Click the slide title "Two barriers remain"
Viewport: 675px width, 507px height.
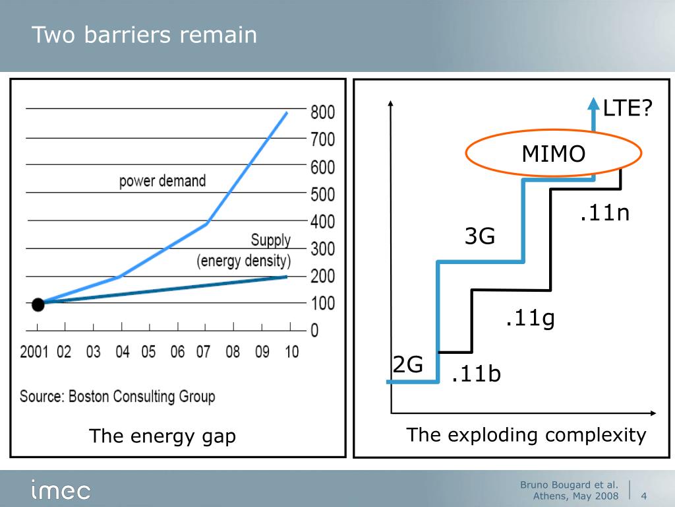tap(144, 35)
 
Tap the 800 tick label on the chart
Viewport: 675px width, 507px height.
tap(323, 112)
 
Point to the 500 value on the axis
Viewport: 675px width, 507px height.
tap(323, 195)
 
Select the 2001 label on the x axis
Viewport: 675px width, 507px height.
tap(34, 351)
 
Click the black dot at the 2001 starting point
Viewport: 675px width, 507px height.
tap(38, 304)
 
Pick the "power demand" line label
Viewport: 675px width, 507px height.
tap(162, 181)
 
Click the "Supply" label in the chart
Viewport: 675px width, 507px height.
tap(270, 240)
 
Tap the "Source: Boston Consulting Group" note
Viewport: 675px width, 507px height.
tap(117, 397)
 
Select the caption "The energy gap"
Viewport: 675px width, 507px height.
tap(162, 436)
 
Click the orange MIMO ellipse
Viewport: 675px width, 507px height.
tap(553, 154)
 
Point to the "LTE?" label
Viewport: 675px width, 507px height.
tap(627, 108)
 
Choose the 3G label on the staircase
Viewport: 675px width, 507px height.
tap(480, 236)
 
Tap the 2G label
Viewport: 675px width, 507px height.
tap(408, 364)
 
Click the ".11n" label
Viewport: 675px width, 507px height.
tap(604, 213)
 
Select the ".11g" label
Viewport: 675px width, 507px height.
tap(530, 320)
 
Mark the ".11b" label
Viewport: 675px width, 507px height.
tap(476, 374)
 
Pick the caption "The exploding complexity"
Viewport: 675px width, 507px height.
tap(526, 435)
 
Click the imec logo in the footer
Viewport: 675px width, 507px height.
tap(61, 490)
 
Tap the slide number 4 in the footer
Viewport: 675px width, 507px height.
tap(643, 496)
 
